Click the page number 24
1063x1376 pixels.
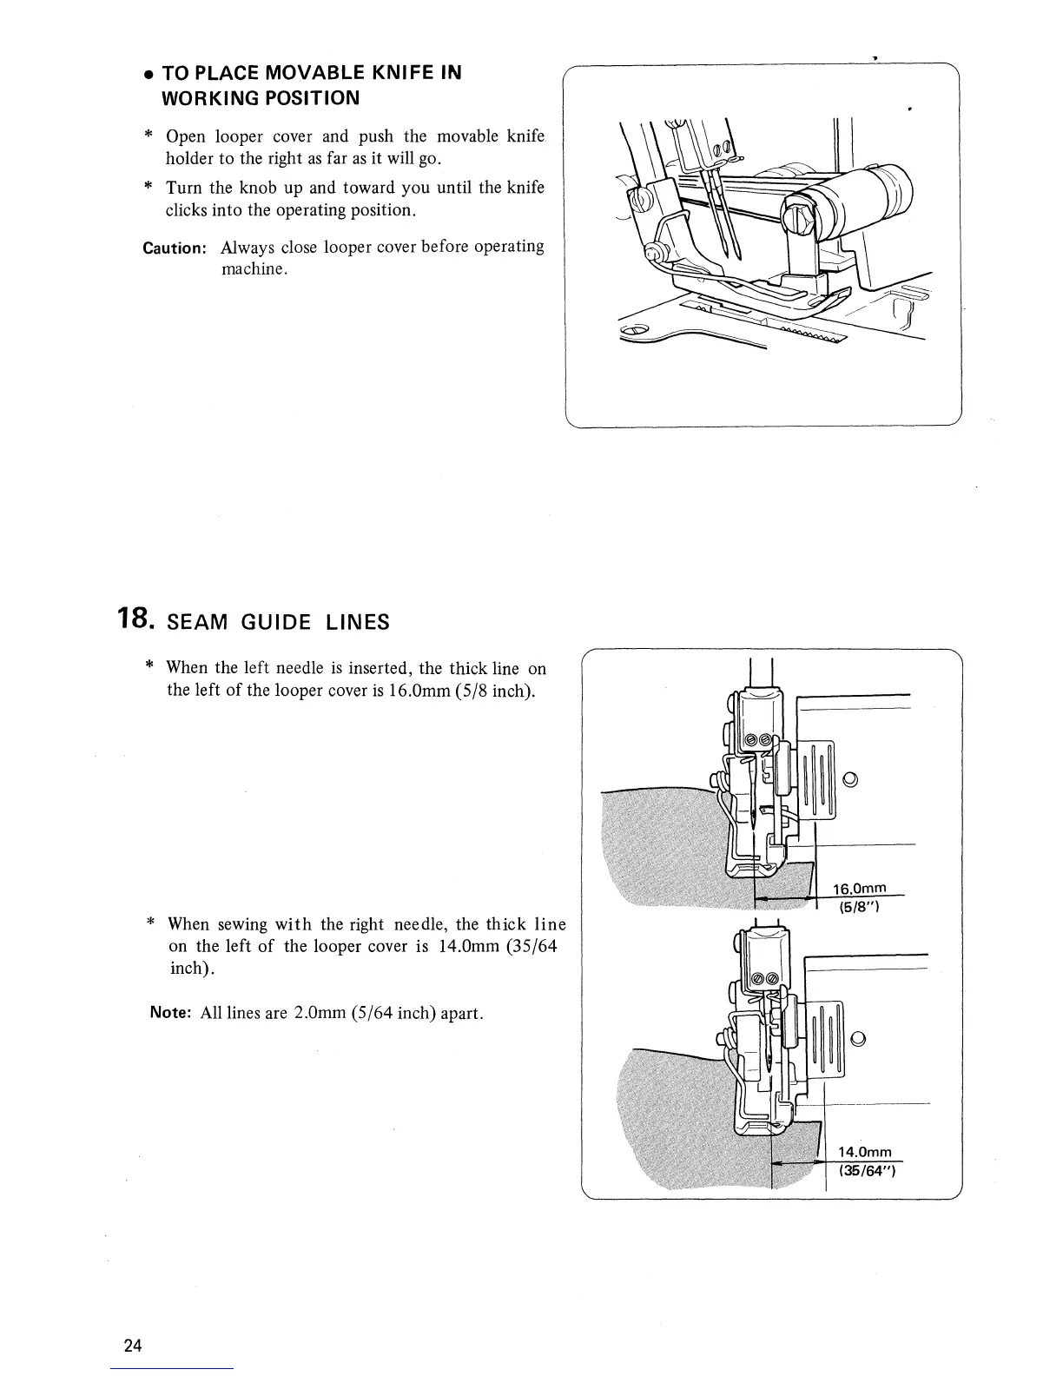point(133,1346)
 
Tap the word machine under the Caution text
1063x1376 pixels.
point(252,269)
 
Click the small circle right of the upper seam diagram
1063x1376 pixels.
point(850,778)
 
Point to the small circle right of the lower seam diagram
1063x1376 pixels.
point(858,1038)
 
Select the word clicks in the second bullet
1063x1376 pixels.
point(185,210)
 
